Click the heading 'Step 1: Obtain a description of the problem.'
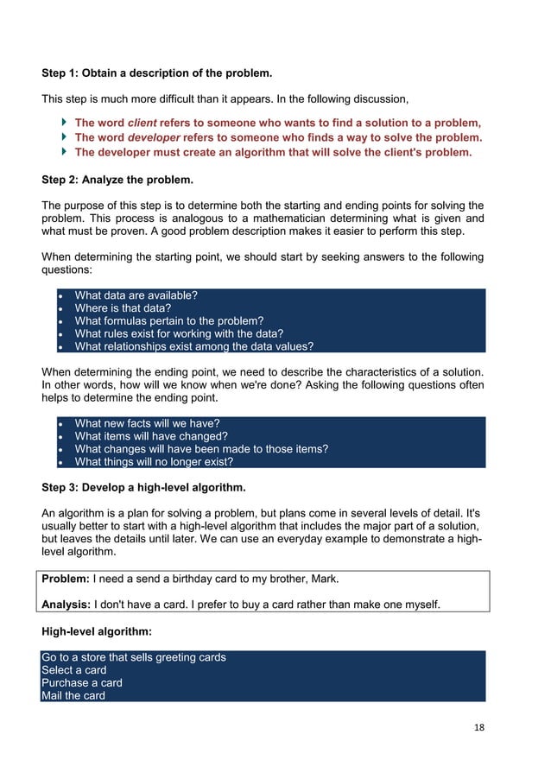pos(162,73)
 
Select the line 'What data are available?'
pos(136,295)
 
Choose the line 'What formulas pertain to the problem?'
pos(169,321)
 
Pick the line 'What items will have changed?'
pos(151,436)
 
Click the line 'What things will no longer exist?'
pos(154,461)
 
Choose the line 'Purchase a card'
pos(82,683)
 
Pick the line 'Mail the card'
pos(73,695)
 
